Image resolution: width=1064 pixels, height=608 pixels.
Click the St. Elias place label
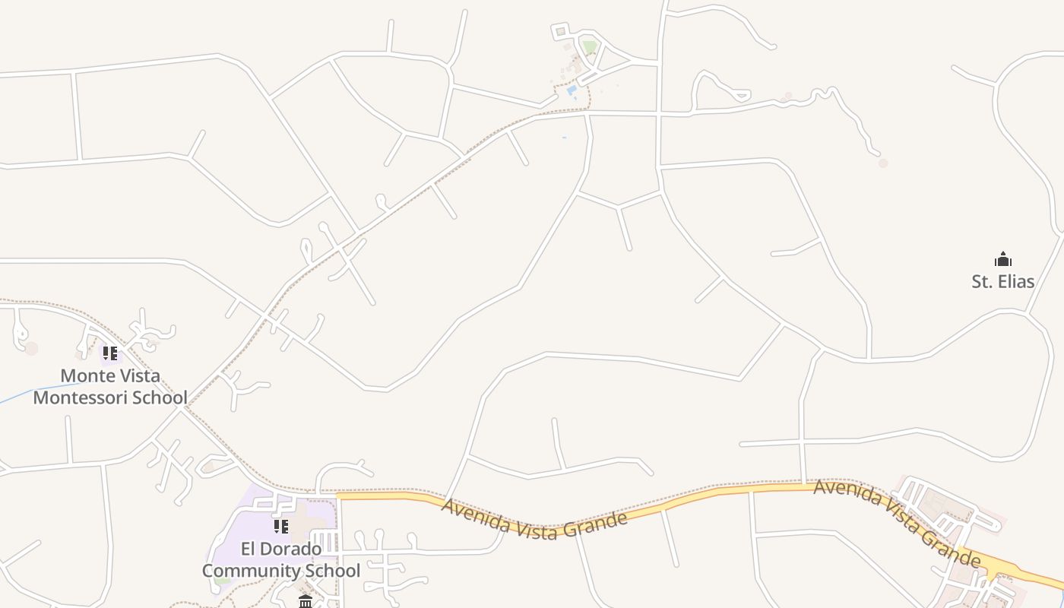tap(1002, 282)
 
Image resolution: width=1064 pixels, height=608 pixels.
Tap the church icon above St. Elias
tap(1003, 259)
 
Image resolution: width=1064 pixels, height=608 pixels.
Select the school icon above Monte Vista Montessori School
tap(110, 353)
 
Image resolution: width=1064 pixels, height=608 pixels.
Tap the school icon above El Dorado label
tap(281, 526)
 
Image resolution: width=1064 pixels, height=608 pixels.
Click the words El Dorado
tap(280, 549)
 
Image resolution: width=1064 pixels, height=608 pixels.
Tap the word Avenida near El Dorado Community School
tap(476, 514)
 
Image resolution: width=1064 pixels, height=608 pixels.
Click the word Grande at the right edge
tap(949, 548)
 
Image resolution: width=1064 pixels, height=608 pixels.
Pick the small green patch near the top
tap(590, 47)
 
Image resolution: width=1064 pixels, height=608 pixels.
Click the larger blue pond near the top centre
tap(572, 90)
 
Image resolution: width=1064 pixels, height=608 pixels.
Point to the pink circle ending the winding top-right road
tap(882, 163)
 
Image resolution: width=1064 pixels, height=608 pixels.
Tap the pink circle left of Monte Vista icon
tap(31, 348)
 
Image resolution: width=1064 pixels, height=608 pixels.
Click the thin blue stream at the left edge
tap(38, 393)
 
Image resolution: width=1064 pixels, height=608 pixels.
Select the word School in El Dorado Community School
tap(330, 571)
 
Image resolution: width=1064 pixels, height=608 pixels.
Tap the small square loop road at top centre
tap(560, 31)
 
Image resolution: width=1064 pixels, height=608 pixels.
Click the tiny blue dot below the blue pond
tap(564, 138)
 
